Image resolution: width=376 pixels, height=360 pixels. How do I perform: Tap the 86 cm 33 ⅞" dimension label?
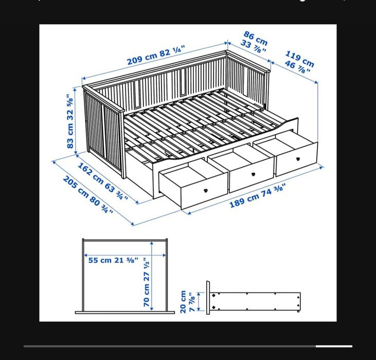tap(255, 42)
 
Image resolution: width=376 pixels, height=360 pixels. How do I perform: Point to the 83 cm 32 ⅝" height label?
tap(71, 121)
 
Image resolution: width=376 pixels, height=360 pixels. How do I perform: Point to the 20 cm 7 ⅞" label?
tap(187, 301)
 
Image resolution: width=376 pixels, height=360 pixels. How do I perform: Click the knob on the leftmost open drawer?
tap(206, 190)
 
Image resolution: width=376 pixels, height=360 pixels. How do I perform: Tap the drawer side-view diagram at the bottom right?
tap(255, 301)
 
